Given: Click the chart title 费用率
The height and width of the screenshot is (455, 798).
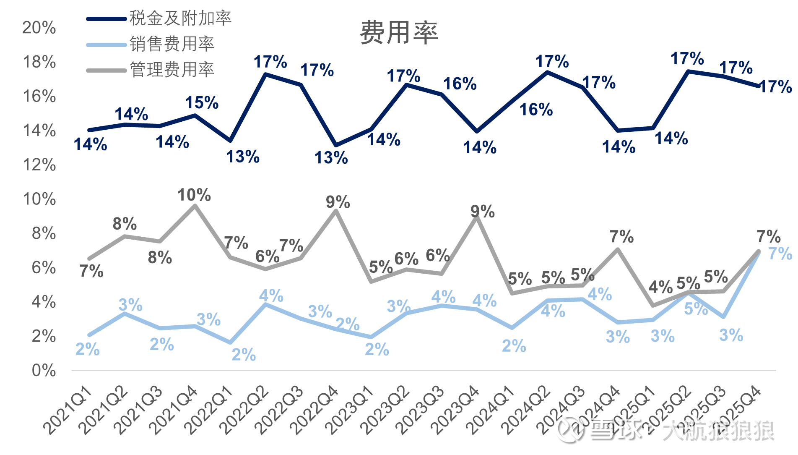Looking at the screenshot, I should [399, 33].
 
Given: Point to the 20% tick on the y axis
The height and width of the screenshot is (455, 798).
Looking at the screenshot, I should [39, 28].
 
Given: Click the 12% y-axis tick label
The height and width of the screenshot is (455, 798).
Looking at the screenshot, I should [39, 165].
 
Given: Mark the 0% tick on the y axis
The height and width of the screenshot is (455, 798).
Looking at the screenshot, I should [44, 371].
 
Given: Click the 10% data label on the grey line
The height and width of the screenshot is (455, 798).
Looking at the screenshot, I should [194, 195].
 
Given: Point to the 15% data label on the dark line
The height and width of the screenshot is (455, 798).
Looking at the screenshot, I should [202, 102].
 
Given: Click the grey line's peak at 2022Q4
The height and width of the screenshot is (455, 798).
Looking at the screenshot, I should [336, 211].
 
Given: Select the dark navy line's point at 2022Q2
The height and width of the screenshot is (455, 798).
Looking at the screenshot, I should [265, 74].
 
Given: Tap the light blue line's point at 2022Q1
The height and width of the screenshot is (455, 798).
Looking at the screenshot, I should [230, 343].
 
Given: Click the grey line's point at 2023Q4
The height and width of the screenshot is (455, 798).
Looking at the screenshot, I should [477, 217].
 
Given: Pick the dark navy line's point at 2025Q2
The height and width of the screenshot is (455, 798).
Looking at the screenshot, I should [688, 71].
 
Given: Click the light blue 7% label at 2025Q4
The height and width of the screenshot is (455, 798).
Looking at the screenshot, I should [780, 254].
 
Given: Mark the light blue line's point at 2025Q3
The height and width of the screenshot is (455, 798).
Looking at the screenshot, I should [723, 316].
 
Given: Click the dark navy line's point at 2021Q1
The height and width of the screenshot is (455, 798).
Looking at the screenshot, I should [89, 130].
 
